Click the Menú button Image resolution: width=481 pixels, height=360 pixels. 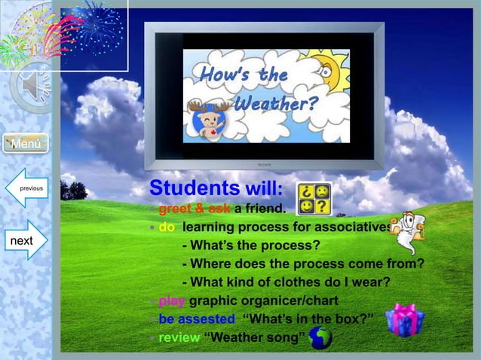coord(26,143)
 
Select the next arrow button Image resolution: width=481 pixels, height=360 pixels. coord(25,241)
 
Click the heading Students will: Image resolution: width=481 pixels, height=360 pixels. coord(216,187)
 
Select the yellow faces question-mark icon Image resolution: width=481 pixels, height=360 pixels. coord(314,198)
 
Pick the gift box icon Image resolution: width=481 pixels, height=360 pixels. coord(404,320)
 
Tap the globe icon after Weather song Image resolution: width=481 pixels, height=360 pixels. coord(320,338)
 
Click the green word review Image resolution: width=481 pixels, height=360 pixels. coord(179,337)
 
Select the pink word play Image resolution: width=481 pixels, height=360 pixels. coord(172,301)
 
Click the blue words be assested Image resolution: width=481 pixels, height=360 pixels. coord(196,319)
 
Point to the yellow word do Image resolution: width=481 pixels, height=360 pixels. coord(167,227)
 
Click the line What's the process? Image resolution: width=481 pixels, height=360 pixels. coord(251,246)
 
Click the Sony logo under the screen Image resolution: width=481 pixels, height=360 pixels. coord(264,163)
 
